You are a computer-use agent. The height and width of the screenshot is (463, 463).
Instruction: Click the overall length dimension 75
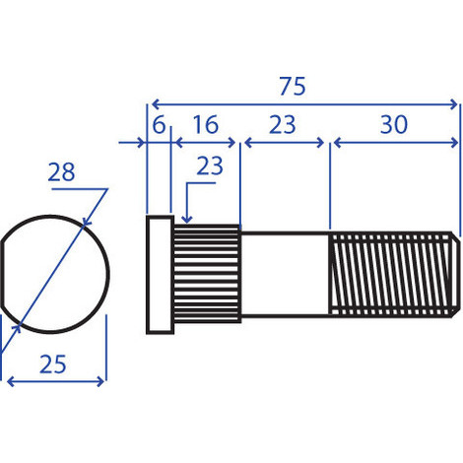pos(293,87)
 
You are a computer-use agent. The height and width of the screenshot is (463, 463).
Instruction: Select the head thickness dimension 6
pos(159,125)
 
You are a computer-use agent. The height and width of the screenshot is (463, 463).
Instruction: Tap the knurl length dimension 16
pos(206,125)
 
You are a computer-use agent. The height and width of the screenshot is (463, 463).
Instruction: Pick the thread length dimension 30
pos(394,125)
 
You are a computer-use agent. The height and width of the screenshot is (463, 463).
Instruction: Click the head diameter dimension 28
pos(61,172)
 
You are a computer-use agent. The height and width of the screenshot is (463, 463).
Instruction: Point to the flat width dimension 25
pos(53,364)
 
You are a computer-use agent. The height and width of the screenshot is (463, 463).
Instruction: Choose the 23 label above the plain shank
pos(283,125)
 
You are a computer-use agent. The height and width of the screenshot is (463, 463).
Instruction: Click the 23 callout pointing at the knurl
pos(210,165)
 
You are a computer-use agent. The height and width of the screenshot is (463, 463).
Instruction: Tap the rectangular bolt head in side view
pos(160,275)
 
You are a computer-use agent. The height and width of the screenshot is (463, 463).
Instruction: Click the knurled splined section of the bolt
pos(207,274)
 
